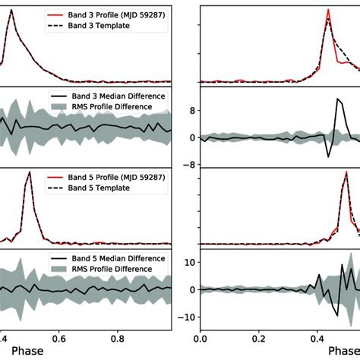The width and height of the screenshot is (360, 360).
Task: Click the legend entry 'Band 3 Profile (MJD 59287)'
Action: click(118, 14)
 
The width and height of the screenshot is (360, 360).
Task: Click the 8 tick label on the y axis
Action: click(192, 110)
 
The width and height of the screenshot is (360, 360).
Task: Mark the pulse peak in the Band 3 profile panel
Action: click(11, 10)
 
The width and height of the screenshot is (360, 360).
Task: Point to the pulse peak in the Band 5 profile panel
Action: click(29, 172)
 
